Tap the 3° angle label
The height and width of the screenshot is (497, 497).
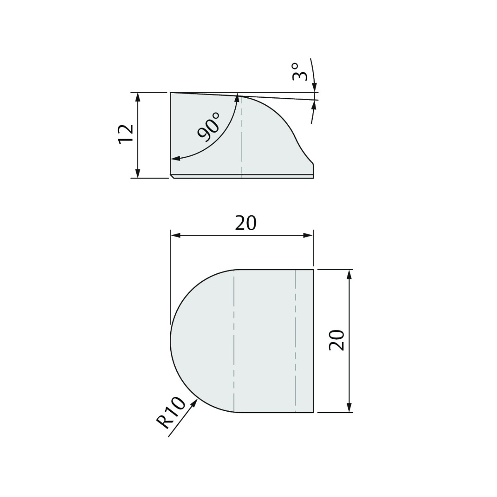[300, 72]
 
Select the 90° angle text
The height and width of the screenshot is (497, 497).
[209, 128]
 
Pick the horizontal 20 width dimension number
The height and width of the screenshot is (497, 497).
[246, 223]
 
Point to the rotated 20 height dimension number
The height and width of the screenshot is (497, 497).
[337, 340]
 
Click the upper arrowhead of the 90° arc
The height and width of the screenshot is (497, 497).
[237, 98]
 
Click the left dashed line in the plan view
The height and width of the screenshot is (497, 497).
[234, 340]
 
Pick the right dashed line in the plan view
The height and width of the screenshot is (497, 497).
[295, 340]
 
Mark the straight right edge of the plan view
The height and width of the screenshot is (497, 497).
[313, 340]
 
